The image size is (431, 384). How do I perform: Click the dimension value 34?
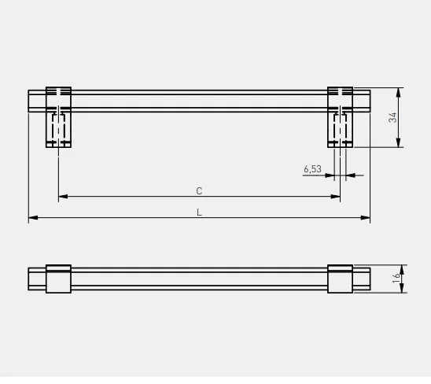[x=392, y=117]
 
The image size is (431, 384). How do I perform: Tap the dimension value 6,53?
[x=312, y=169]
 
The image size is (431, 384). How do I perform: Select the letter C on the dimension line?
[x=199, y=191]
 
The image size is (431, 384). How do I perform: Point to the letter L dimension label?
[x=199, y=212]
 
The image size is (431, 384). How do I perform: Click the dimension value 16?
[x=396, y=279]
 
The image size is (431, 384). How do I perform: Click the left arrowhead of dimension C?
[x=63, y=197]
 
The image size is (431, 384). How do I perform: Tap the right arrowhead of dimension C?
[x=336, y=197]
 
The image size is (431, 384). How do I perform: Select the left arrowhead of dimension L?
[x=33, y=218]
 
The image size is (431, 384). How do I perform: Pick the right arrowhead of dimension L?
[x=365, y=218]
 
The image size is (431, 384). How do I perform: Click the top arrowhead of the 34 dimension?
[x=398, y=92]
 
